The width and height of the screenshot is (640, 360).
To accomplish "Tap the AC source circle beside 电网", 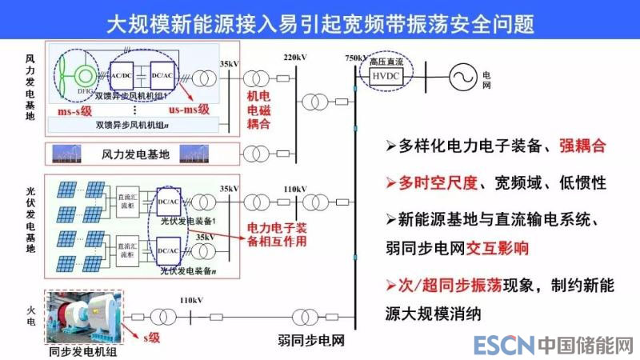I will pyautogui.click(x=461, y=77).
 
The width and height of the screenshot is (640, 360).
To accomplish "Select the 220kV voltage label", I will pyautogui.click(x=295, y=58).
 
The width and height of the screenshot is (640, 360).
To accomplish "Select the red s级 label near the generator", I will pyautogui.click(x=150, y=336).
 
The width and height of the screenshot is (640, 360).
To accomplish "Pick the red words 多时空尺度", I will pyautogui.click(x=433, y=182).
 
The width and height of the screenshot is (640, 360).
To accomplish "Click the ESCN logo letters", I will pyautogui.click(x=503, y=346).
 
